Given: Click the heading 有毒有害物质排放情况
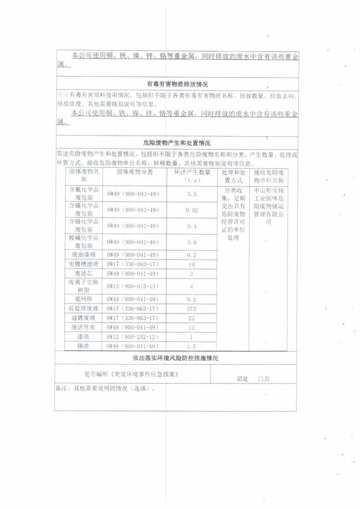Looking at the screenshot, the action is [x=177, y=84].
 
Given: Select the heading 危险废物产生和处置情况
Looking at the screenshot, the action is [x=177, y=144].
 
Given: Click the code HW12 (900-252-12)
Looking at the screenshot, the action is [x=132, y=336].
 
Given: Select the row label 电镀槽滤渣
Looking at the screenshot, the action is [x=84, y=263].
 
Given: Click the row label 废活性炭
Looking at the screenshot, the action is [x=84, y=326].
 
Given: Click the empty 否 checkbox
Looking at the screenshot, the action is [x=260, y=379].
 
